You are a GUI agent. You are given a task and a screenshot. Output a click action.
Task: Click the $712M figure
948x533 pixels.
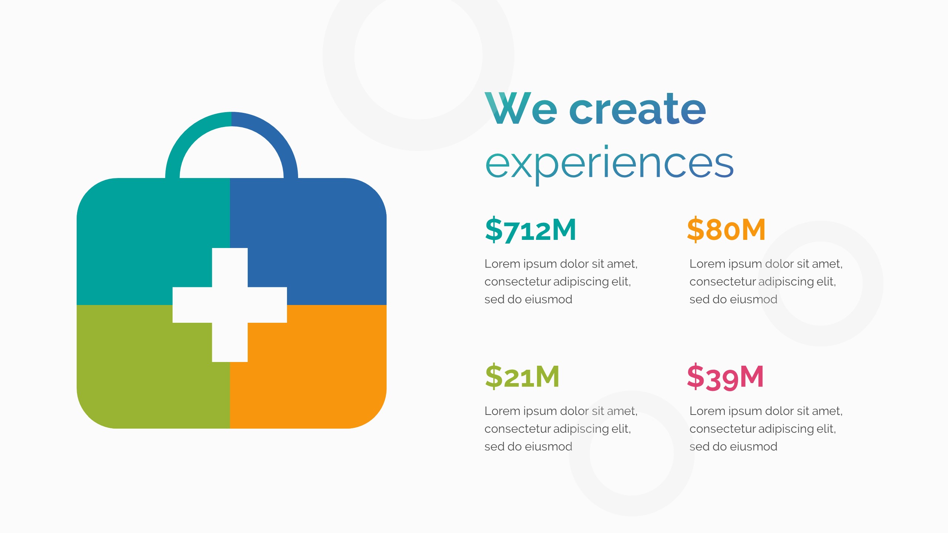click(x=530, y=230)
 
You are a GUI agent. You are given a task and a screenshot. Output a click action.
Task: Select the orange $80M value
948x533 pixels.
click(x=726, y=230)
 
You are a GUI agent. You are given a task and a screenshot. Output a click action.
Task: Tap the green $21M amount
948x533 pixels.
click(x=522, y=377)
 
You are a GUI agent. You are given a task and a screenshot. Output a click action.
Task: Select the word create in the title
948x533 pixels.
click(x=637, y=109)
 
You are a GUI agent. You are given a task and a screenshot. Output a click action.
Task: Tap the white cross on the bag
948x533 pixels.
click(x=230, y=305)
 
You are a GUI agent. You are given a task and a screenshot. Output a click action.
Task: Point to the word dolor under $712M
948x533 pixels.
click(x=574, y=264)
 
